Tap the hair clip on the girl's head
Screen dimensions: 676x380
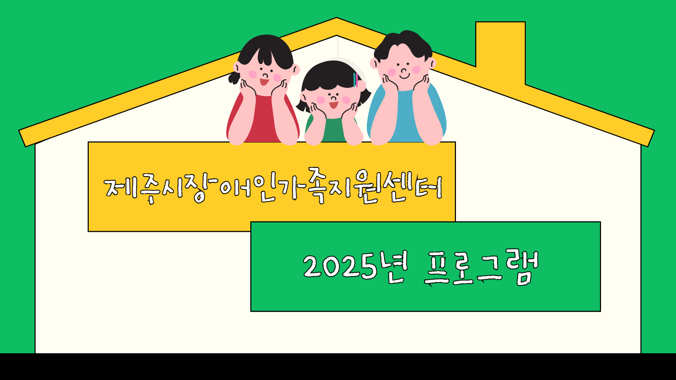point(356,80)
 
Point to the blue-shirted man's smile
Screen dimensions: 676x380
point(405,75)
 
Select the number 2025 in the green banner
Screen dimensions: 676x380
point(340,266)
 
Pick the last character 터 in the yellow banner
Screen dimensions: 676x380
point(428,188)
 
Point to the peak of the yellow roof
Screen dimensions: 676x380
point(336,18)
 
